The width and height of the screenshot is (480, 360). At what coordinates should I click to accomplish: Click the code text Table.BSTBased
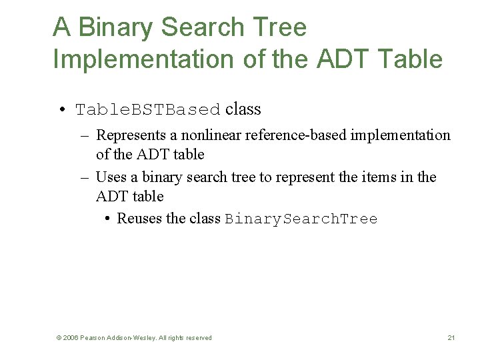148,109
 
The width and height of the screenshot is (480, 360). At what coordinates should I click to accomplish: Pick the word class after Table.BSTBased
243,109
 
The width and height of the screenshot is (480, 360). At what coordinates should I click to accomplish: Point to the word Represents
131,135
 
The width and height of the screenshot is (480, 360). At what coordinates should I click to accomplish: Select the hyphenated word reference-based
295,135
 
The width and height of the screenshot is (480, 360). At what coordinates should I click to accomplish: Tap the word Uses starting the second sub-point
110,177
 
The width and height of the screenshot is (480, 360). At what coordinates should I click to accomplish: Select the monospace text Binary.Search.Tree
301,219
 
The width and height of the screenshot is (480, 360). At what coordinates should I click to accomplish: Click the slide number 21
451,338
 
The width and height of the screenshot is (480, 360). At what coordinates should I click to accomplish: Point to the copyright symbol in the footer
59,338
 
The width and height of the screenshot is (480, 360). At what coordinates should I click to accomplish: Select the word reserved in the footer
198,338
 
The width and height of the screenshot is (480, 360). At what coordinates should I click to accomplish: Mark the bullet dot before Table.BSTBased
61,109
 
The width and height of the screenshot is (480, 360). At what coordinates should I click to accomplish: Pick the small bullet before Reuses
108,219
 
